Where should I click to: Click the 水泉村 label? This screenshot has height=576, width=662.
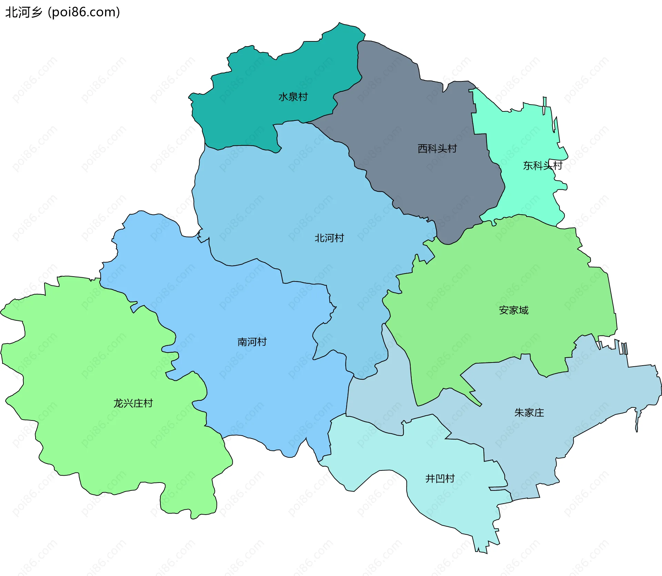tap(293, 97)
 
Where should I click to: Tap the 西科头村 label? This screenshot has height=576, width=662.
tap(437, 149)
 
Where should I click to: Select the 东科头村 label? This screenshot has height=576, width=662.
tap(542, 166)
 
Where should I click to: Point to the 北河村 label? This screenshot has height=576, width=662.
tap(329, 238)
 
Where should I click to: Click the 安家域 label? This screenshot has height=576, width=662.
tap(513, 310)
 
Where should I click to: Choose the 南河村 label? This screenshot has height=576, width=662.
tap(252, 342)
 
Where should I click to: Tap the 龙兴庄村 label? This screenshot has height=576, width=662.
tap(133, 403)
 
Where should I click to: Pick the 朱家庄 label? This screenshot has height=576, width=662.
tap(529, 413)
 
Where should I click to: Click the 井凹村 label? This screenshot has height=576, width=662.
tap(440, 478)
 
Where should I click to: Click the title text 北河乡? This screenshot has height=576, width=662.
tap(23, 12)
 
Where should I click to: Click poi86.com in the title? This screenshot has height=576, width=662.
tap(84, 12)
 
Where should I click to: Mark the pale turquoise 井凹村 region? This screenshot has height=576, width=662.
tap(448, 500)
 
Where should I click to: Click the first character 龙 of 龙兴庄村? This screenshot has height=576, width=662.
tap(118, 403)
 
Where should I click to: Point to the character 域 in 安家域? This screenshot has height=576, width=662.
tap(523, 310)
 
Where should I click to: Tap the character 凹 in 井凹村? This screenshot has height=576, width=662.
tap(440, 478)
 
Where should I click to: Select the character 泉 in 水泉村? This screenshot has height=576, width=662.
tap(293, 97)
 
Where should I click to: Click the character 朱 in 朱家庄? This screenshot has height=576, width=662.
tap(519, 413)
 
